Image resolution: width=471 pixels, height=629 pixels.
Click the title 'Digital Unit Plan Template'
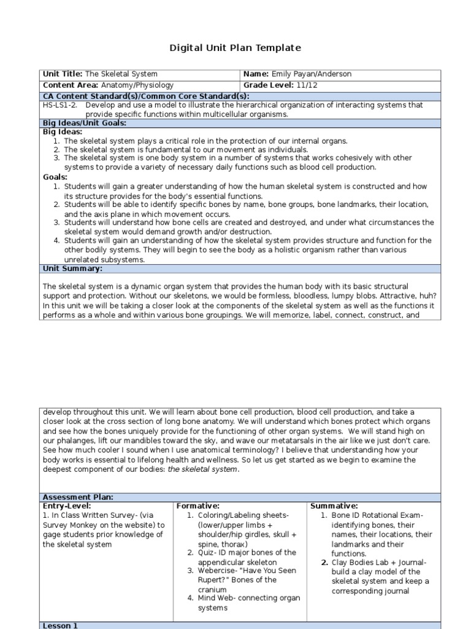coord(235,48)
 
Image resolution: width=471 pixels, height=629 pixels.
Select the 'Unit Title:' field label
coord(63,74)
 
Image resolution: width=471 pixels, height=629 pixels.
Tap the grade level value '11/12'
coord(308,85)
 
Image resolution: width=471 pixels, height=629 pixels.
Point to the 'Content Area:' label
coord(71,85)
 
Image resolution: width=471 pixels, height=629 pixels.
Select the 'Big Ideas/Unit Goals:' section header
coord(83,123)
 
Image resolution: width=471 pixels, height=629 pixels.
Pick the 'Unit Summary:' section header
coord(72,268)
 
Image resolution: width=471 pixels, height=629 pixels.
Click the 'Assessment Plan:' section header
coord(78,497)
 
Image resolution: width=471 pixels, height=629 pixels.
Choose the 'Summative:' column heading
coord(334,506)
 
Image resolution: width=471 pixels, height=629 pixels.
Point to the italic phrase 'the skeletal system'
coord(202,469)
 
